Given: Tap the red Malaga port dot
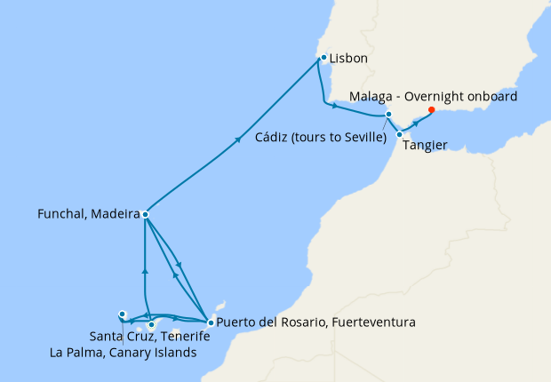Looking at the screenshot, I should pos(432,110).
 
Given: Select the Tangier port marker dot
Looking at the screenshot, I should pos(399,134).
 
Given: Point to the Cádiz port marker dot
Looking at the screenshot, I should pos(389,115).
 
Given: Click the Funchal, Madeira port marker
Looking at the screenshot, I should pos(145,214).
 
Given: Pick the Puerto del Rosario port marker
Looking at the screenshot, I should pos(210,322).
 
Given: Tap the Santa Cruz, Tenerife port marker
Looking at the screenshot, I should pos(152,324).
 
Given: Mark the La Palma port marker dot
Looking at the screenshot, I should pos(123,314).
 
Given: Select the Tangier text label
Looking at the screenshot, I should pos(426,146).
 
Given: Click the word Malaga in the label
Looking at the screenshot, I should pos(372,96).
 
